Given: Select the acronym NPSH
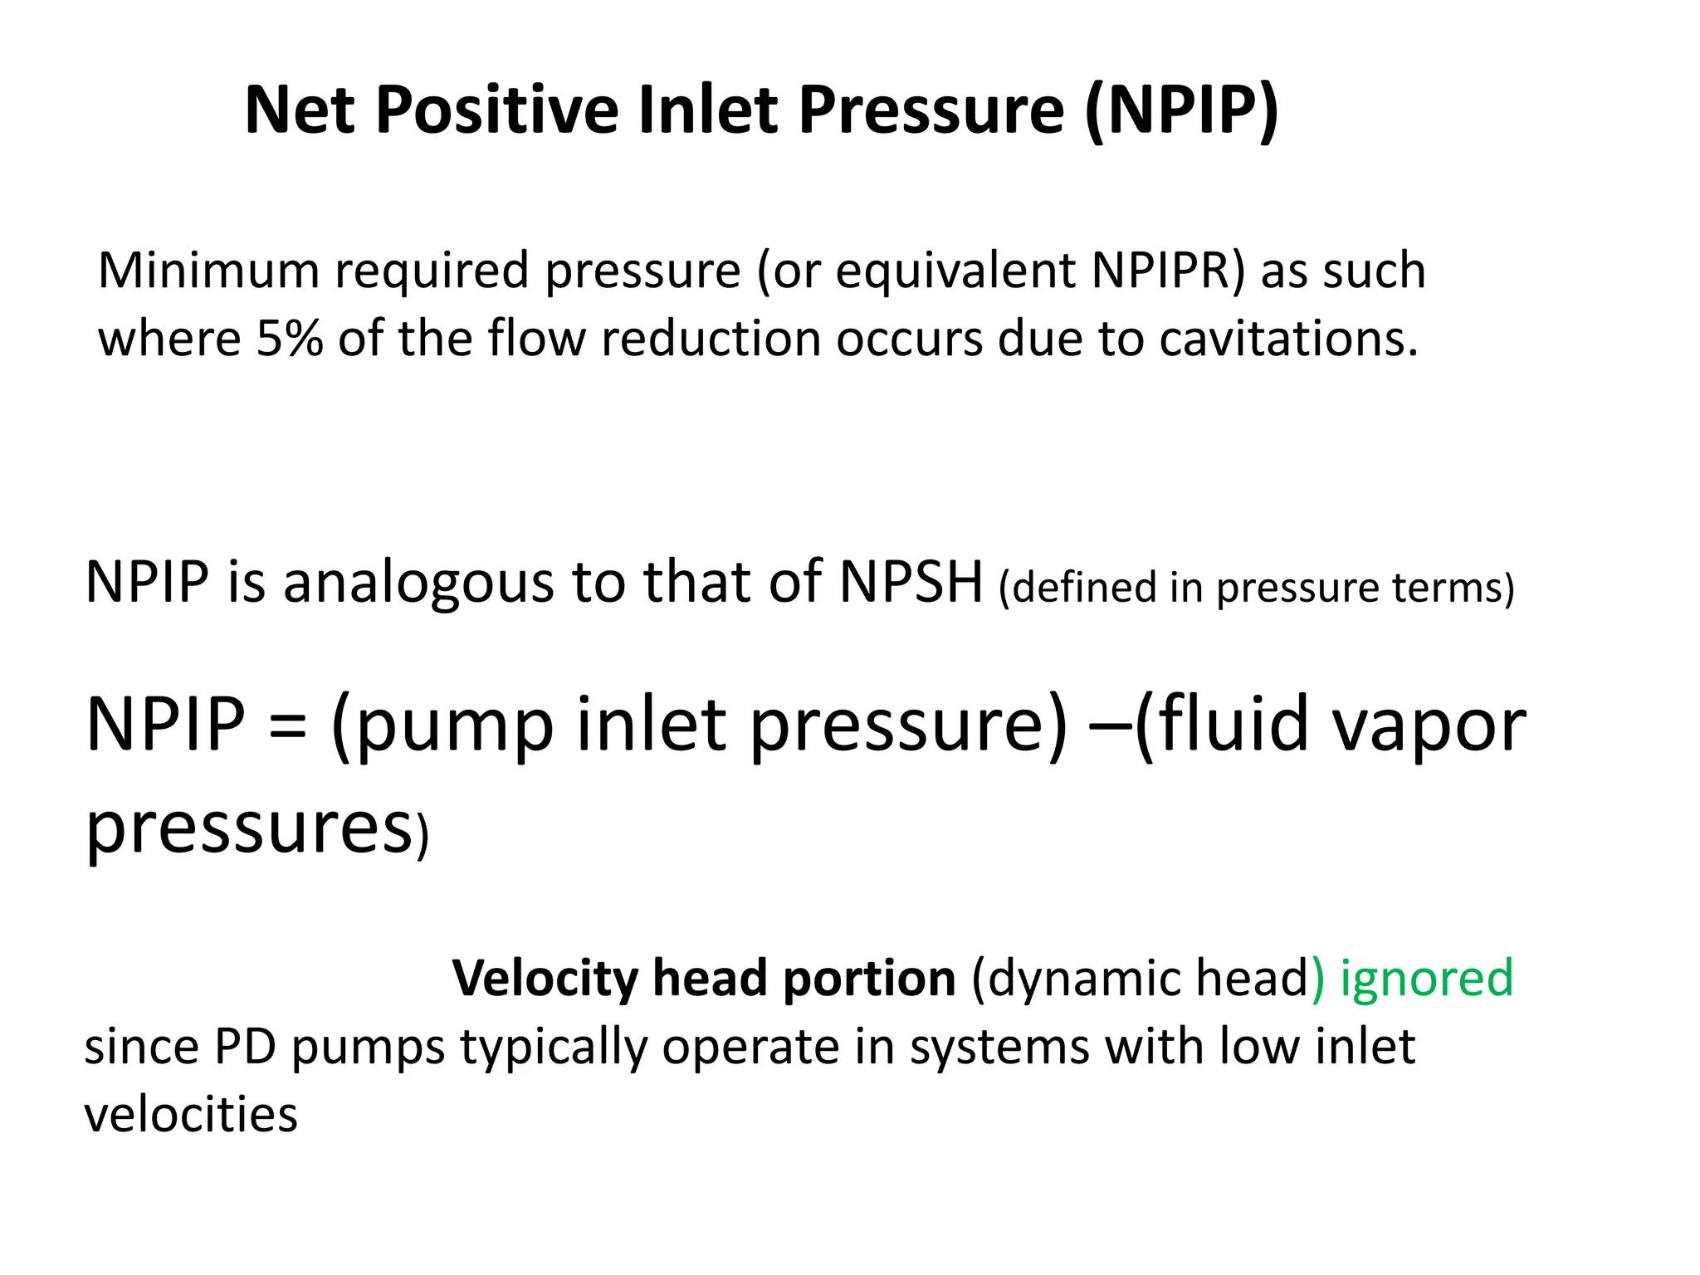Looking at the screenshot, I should click(x=911, y=582).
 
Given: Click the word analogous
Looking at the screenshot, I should click(x=419, y=584).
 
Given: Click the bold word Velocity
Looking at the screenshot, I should click(x=545, y=978).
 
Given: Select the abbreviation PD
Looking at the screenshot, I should click(x=245, y=1047).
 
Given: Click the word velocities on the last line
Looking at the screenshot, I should click(x=191, y=1115).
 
